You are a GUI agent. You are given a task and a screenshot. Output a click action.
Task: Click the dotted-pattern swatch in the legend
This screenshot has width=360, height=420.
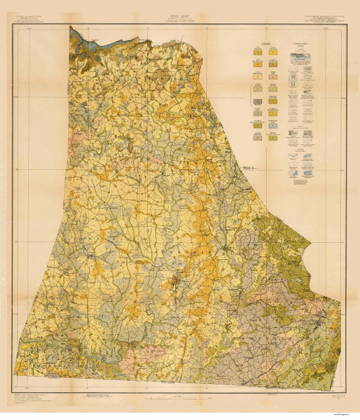256,101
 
